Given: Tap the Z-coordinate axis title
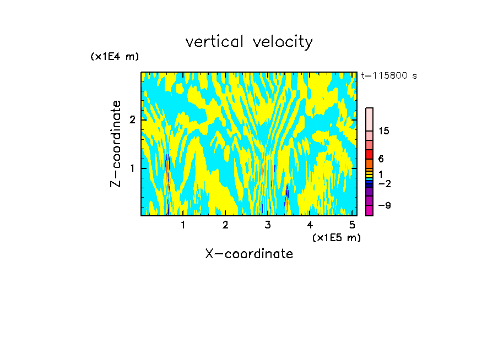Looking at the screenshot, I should click(116, 144).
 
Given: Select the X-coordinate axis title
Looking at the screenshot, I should click(249, 254).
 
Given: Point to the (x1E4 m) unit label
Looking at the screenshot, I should click(115, 57).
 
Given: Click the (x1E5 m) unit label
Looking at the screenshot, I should click(336, 237).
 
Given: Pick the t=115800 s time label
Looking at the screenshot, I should click(389, 76).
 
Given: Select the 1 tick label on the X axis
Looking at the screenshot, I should click(183, 225).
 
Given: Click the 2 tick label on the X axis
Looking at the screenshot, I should click(225, 225).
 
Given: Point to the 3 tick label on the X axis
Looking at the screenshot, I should click(268, 225).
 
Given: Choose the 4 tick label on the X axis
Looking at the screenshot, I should click(310, 225).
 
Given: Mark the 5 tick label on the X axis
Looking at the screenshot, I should click(352, 225).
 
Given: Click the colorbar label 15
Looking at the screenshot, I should click(384, 131).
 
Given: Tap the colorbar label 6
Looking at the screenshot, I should click(381, 159).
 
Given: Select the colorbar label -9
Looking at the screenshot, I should click(384, 205).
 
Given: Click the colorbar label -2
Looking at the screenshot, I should click(384, 183).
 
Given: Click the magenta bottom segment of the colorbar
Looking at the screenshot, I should click(369, 210).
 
